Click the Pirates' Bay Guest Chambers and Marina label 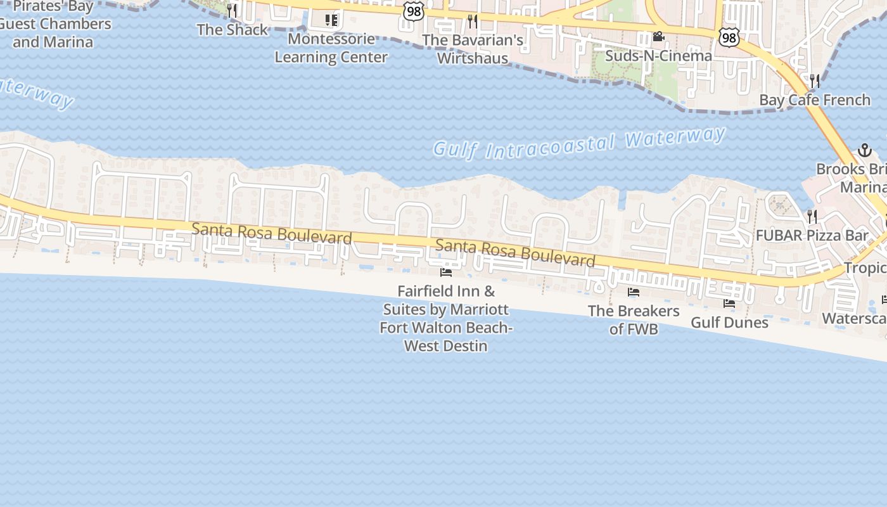pyautogui.click(x=53, y=25)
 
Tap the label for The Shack pyautogui.click(x=233, y=30)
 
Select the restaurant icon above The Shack pyautogui.click(x=232, y=11)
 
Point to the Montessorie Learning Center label pyautogui.click(x=331, y=48)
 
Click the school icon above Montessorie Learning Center pyautogui.click(x=331, y=20)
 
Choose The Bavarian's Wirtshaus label pyautogui.click(x=473, y=49)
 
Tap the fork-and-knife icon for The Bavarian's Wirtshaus pyautogui.click(x=473, y=21)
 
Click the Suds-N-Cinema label pyautogui.click(x=658, y=56)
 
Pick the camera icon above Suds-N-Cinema pyautogui.click(x=658, y=37)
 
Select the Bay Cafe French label pyautogui.click(x=815, y=100)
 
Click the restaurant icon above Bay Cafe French pyautogui.click(x=815, y=80)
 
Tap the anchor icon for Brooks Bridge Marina pyautogui.click(x=865, y=151)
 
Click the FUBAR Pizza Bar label pyautogui.click(x=812, y=236)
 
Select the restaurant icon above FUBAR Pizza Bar pyautogui.click(x=812, y=217)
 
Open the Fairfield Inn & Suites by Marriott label pyautogui.click(x=446, y=319)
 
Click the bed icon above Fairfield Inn pyautogui.click(x=446, y=273)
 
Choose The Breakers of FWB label pyautogui.click(x=634, y=320)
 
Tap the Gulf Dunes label pyautogui.click(x=729, y=323)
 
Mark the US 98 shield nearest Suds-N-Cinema pyautogui.click(x=729, y=38)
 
